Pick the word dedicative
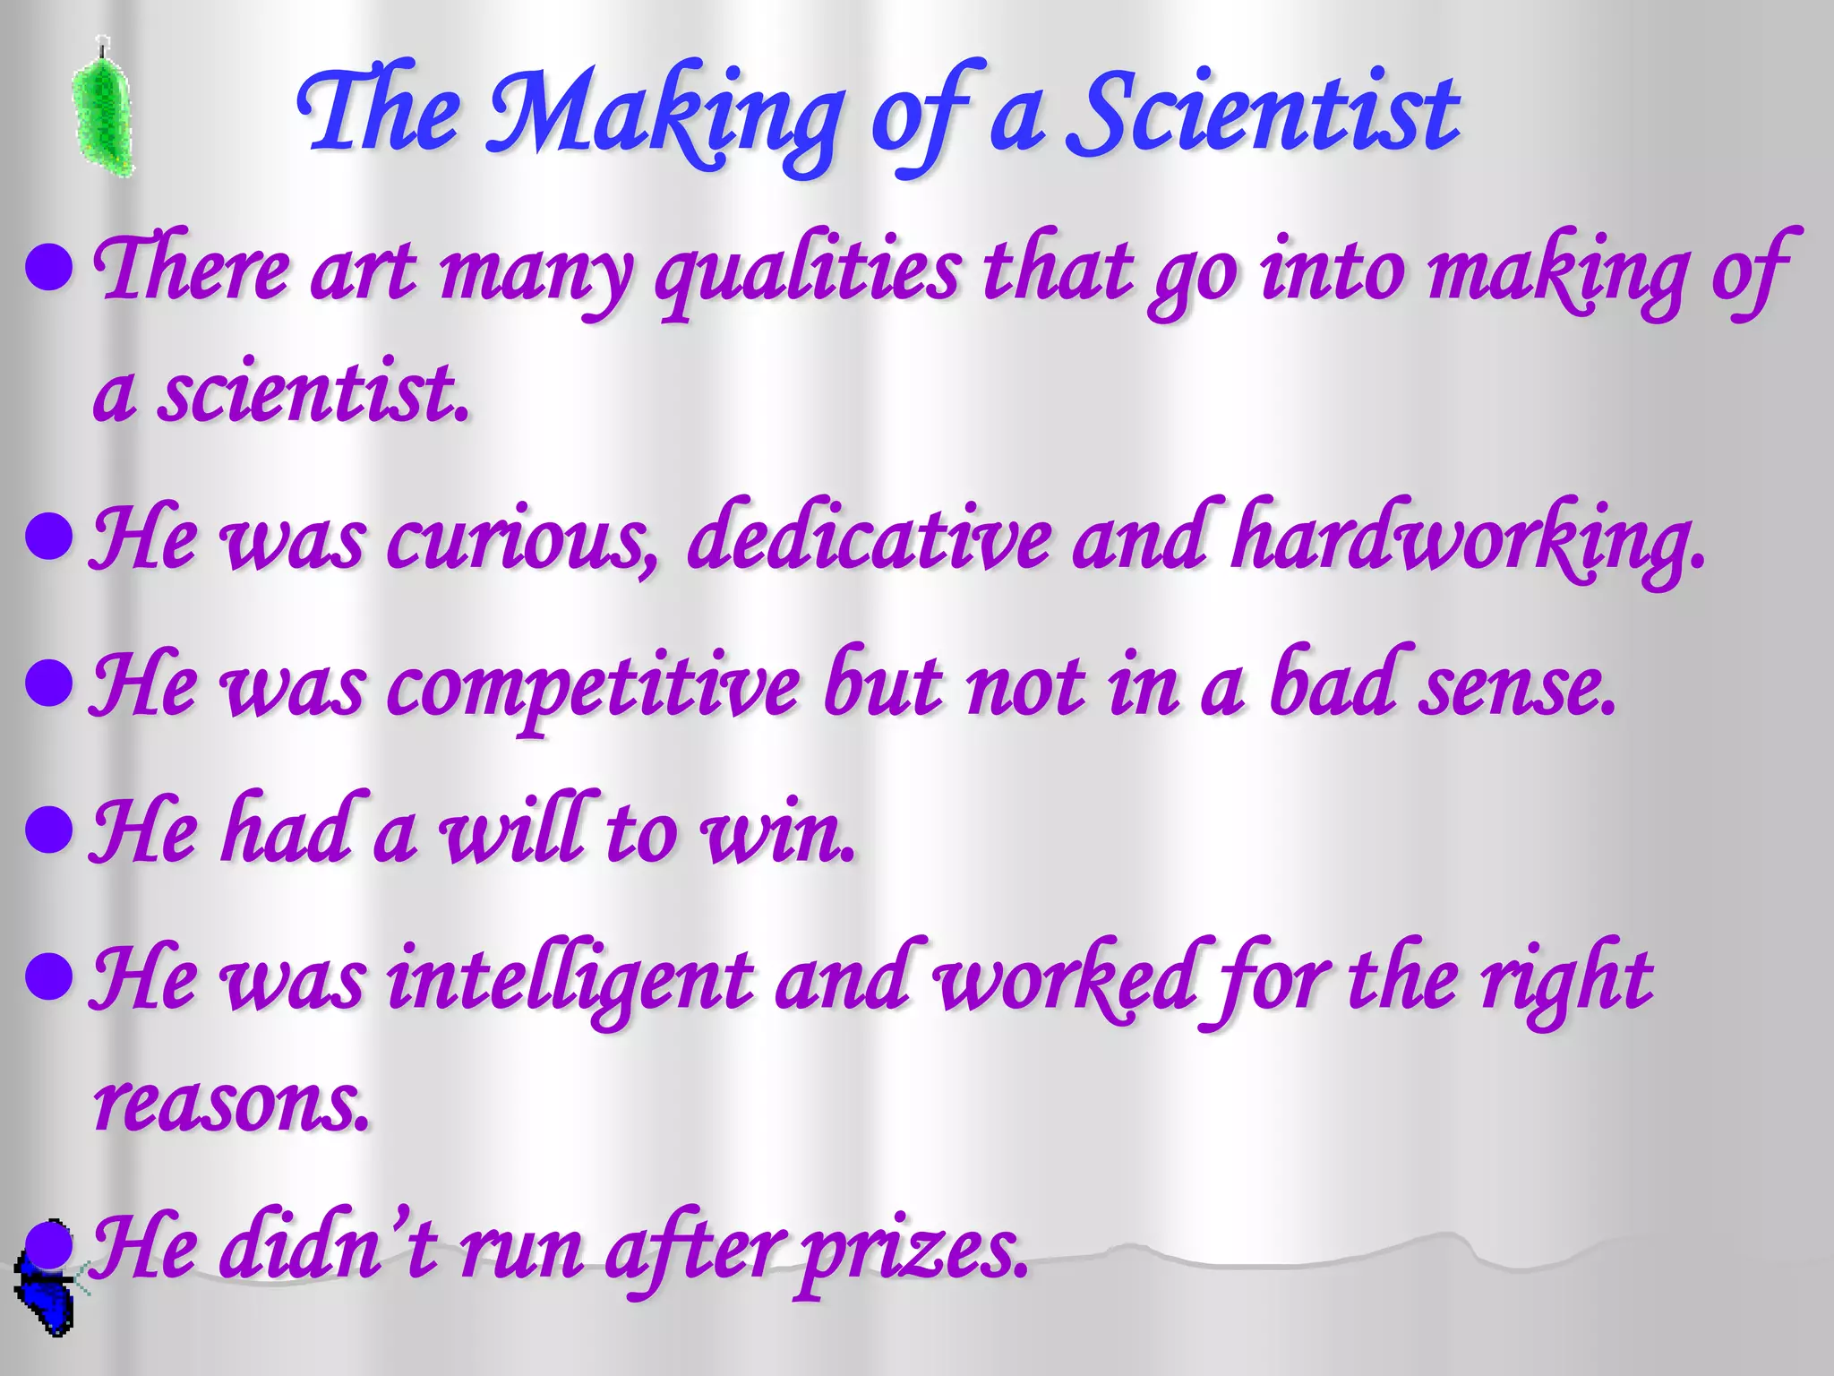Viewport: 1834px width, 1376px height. pyautogui.click(x=869, y=537)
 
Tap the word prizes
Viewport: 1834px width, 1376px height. pyautogui.click(x=913, y=1251)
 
